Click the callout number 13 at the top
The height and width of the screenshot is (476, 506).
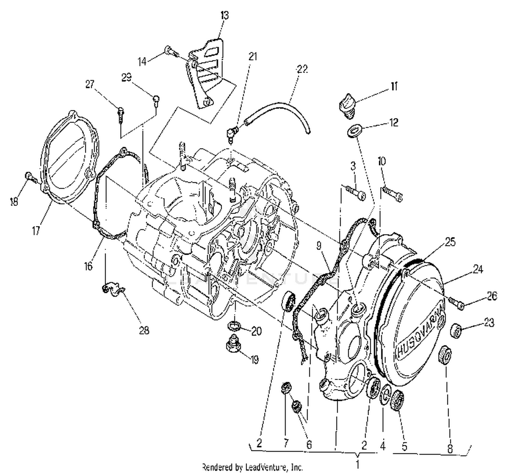[224, 16]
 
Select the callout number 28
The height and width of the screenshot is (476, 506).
[144, 330]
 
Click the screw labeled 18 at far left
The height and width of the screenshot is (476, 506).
[29, 177]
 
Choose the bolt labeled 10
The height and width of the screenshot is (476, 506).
[393, 194]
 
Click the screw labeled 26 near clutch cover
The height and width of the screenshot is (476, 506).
[455, 302]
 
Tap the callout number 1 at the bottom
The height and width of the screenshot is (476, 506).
[358, 465]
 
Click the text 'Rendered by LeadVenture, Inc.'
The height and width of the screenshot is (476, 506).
[252, 467]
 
